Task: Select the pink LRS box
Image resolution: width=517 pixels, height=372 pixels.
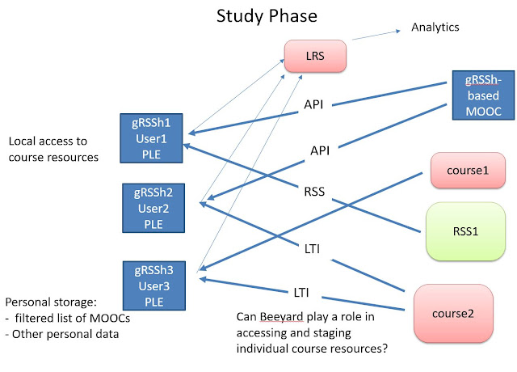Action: tap(314, 55)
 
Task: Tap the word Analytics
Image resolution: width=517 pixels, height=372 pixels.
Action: tap(435, 27)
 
